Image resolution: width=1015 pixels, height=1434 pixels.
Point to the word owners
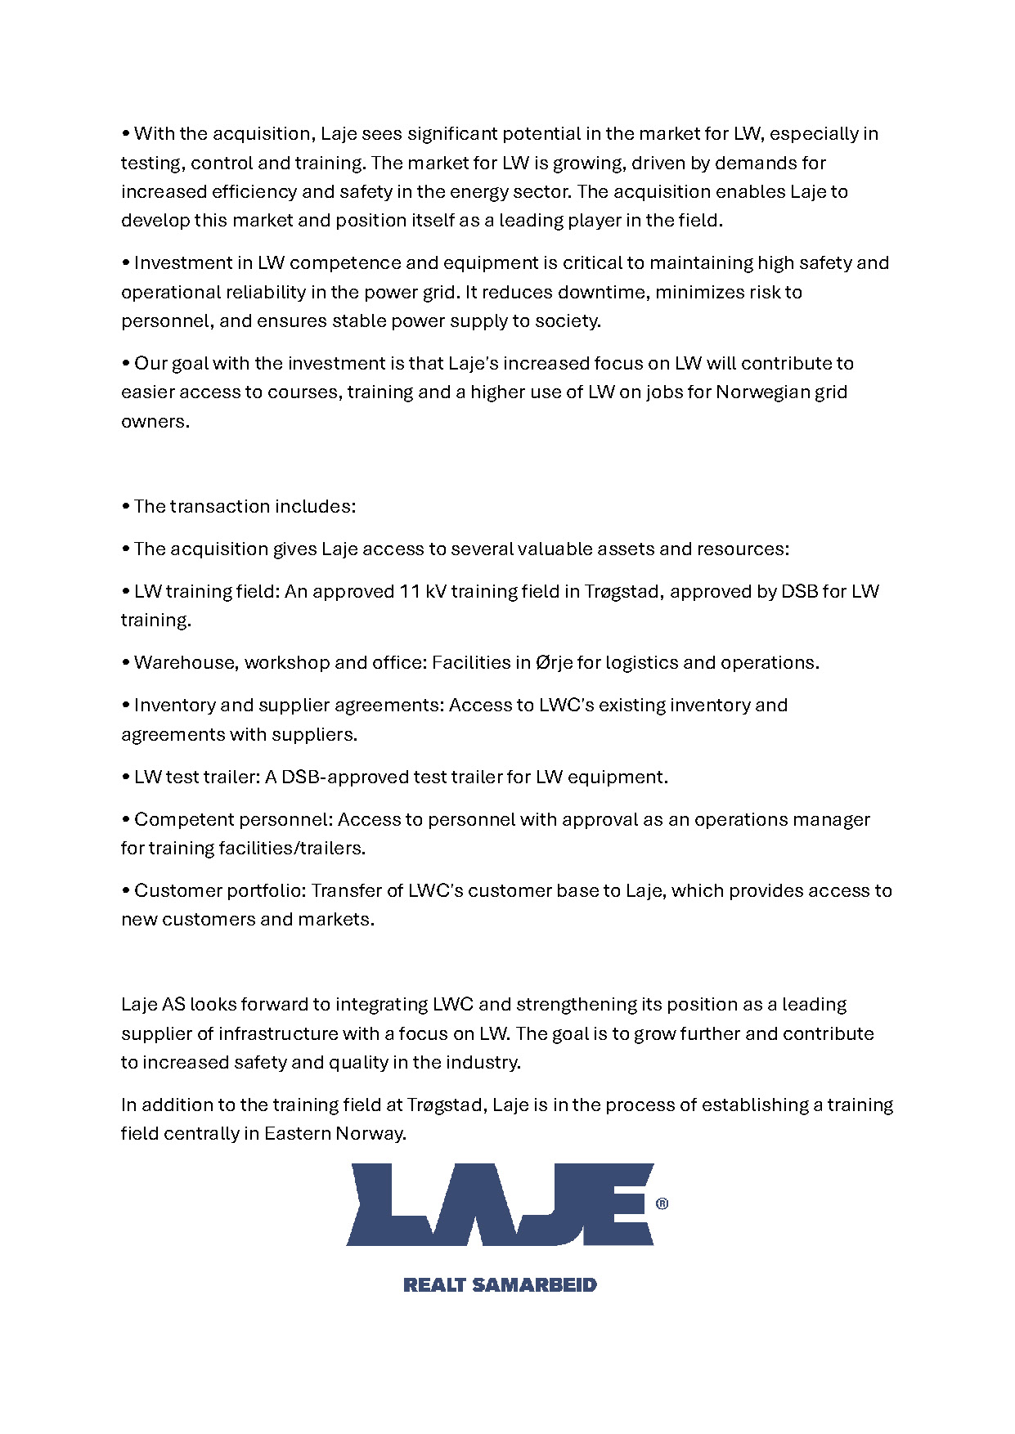(155, 421)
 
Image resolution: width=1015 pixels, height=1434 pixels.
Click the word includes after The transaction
(315, 506)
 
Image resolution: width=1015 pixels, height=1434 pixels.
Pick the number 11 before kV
(410, 591)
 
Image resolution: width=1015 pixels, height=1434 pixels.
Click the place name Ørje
(555, 662)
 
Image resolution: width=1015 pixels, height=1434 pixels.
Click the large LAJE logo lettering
(499, 1204)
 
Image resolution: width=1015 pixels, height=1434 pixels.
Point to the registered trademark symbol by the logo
(662, 1203)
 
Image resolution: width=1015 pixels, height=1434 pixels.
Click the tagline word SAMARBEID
(535, 1284)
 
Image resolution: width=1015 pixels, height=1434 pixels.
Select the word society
(568, 320)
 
